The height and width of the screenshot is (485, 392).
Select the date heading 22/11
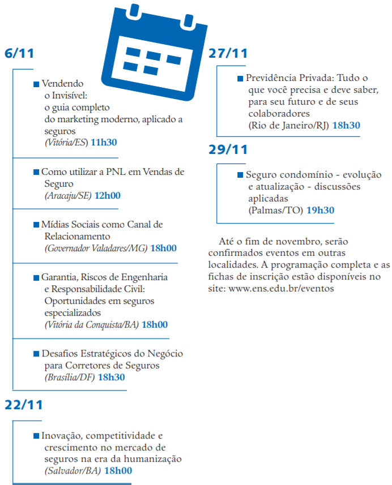coord(24,405)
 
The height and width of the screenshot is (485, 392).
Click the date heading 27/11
coord(228,54)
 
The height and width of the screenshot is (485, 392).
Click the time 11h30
coord(104,142)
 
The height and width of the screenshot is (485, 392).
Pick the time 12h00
coord(107,195)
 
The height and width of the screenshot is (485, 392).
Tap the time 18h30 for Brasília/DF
coord(112,377)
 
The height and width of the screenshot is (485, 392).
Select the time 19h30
coord(321,210)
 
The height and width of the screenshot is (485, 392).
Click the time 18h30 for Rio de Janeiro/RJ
coord(346,125)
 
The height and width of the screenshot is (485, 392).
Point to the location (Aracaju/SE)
coord(69,195)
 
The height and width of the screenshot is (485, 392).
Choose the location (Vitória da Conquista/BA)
coord(91,324)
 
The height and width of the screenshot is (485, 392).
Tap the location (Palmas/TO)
coord(275,210)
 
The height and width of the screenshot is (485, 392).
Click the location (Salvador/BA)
coord(73,470)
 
